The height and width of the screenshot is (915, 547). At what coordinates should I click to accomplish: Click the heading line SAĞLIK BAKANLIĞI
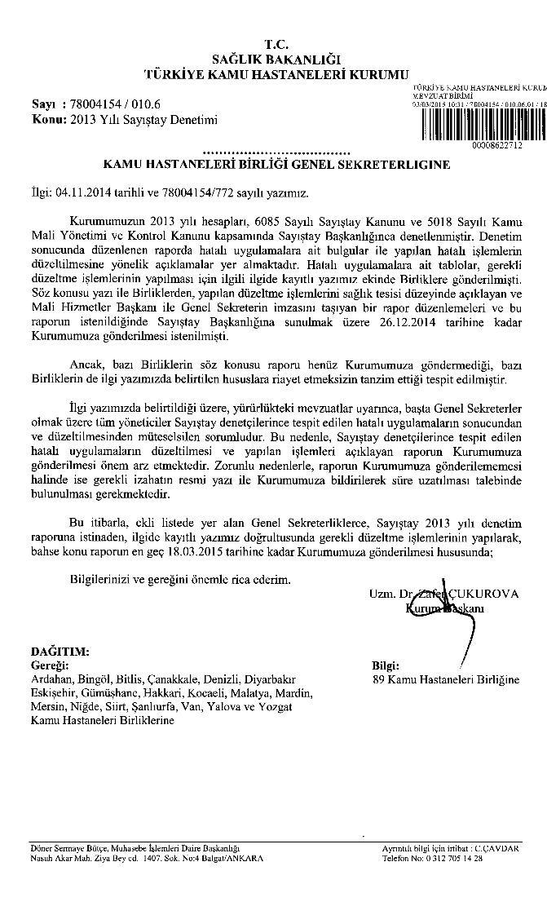coord(276,58)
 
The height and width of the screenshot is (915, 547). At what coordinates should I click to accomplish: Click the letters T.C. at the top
coord(276,42)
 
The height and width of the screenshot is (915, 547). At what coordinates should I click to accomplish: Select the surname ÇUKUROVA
coord(487,594)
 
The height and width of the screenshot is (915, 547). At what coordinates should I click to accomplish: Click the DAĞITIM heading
coord(60,652)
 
